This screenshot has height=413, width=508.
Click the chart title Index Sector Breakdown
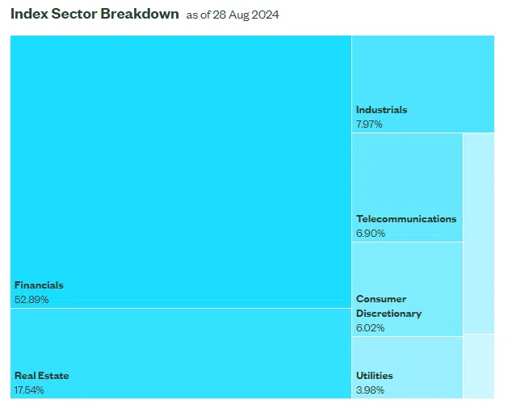tap(94, 15)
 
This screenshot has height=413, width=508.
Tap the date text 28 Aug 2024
tap(246, 15)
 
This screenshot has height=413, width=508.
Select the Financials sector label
tap(39, 285)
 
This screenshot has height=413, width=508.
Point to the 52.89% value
tap(31, 300)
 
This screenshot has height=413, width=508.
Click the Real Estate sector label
tap(42, 376)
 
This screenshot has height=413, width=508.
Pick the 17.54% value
tap(29, 390)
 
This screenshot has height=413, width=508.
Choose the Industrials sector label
tap(382, 110)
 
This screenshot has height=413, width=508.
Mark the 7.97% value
tap(369, 124)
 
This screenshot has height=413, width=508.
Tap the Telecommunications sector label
tap(406, 219)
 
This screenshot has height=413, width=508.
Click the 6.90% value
tap(371, 234)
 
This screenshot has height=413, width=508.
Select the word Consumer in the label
tap(381, 299)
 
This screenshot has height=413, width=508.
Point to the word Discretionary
tap(388, 314)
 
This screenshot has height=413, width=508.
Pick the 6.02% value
tap(371, 328)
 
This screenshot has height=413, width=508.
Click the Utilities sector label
tap(375, 376)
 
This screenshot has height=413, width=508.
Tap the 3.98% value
tap(370, 390)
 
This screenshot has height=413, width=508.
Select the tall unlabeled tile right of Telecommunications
tap(479, 234)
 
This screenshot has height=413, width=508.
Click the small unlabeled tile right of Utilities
tap(479, 366)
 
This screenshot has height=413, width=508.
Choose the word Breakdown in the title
tap(140, 15)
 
